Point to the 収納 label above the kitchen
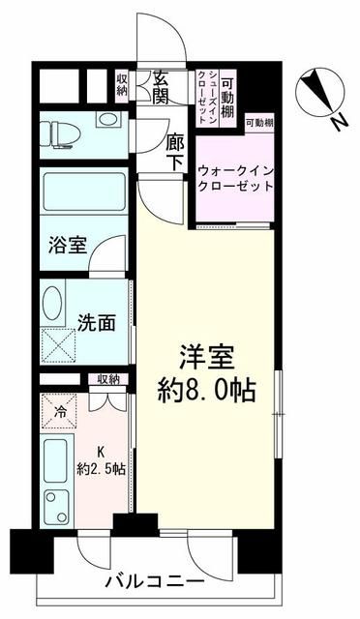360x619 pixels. coord(107,379)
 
